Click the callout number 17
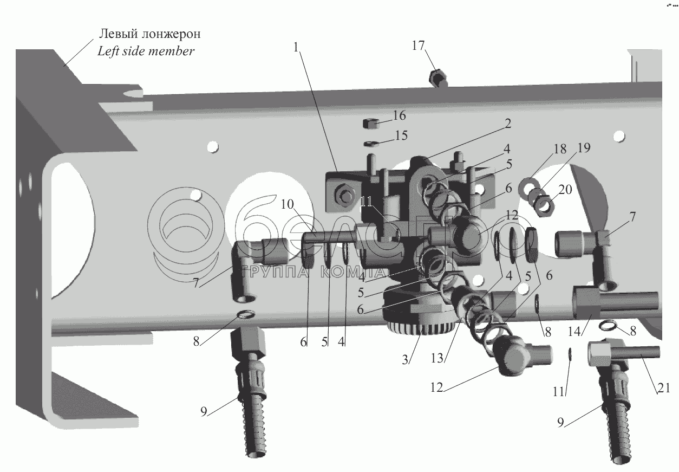(418, 46)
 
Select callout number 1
(296, 48)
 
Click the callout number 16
(399, 115)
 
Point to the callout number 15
(401, 135)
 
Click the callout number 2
(507, 123)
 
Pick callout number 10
(288, 204)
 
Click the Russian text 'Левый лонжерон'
(149, 34)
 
